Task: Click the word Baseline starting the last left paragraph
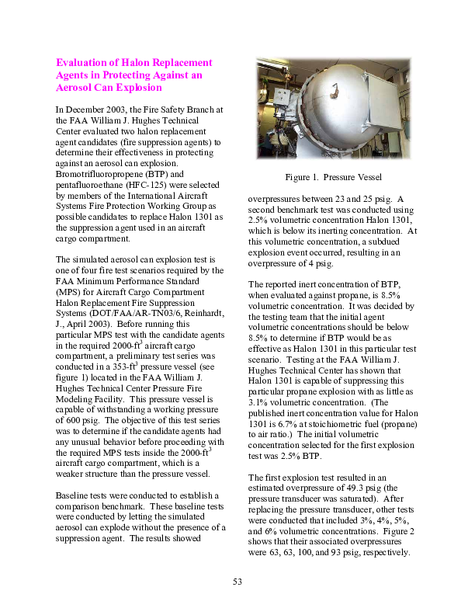74,494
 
